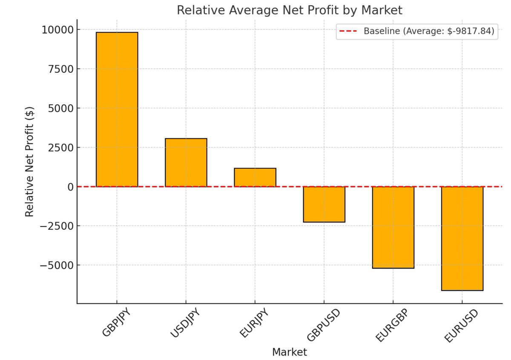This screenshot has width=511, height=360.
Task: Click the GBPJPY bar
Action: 117,109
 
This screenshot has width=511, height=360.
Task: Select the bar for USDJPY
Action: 186,163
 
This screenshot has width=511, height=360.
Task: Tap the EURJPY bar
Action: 255,177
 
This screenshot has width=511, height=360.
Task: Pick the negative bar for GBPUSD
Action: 324,204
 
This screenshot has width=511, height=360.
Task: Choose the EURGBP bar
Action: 393,227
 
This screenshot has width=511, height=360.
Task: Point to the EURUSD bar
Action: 462,238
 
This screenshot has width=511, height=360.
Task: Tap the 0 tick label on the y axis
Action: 69,187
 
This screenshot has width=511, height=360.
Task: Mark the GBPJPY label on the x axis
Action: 116,325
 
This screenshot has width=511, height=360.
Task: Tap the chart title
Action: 289,10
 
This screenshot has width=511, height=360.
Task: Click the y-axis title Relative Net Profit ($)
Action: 29,161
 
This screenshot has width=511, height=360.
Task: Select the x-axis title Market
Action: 289,352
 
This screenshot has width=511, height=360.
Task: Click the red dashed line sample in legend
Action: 349,31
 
